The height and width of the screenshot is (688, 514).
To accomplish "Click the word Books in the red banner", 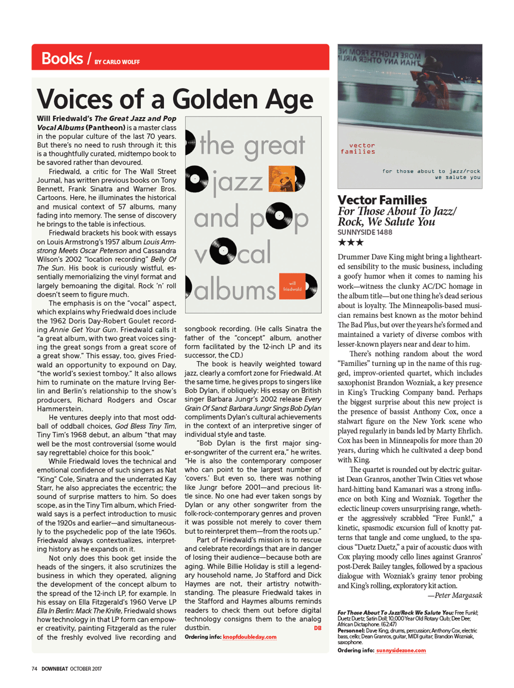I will (x=62, y=59).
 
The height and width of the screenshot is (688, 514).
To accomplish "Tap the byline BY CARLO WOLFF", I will (x=117, y=62).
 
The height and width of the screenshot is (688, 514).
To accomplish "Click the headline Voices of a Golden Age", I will (x=175, y=99).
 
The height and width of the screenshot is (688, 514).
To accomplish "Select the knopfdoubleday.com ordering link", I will (x=250, y=637).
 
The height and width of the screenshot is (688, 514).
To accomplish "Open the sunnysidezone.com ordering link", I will (x=401, y=650).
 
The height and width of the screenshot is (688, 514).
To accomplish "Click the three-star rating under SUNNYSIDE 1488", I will (x=351, y=242).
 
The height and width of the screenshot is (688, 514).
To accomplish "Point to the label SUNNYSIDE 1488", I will (x=365, y=232).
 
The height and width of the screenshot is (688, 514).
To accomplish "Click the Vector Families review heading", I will (x=382, y=200).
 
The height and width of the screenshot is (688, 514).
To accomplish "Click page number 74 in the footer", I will (x=35, y=669).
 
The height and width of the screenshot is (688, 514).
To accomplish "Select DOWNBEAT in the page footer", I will (x=55, y=669).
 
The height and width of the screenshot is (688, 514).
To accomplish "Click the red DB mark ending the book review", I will (x=317, y=628).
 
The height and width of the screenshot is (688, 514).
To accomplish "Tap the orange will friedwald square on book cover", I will (x=292, y=286).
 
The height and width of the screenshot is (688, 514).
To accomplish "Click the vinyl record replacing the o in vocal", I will (x=224, y=251).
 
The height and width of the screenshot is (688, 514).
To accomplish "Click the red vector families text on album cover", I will (x=358, y=149).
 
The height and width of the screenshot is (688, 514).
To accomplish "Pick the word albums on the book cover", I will (x=235, y=290).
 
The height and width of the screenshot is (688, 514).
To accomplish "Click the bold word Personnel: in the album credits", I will (x=351, y=630).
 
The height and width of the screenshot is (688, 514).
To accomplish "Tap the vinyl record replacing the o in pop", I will (x=279, y=216).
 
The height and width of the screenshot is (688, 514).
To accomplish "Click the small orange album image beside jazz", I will (x=282, y=178).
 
